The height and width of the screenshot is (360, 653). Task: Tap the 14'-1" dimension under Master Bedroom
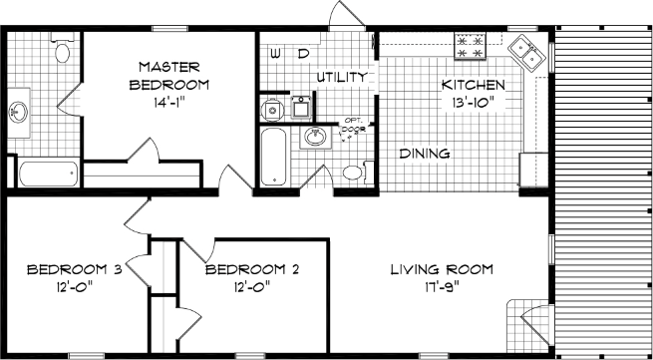(x=167, y=101)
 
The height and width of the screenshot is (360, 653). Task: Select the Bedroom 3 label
(x=74, y=269)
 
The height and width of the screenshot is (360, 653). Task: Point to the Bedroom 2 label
(x=252, y=269)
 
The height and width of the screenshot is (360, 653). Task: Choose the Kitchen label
(x=474, y=85)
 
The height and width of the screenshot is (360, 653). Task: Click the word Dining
(x=424, y=154)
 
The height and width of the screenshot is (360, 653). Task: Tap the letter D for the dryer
(x=303, y=51)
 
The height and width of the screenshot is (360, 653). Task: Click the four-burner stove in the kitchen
(x=470, y=45)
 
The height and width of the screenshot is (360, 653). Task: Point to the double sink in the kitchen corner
(x=525, y=52)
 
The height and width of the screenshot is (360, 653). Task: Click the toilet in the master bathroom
(x=63, y=49)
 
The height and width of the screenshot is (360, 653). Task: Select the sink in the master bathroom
(x=20, y=110)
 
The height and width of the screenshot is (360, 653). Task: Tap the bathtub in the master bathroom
(x=49, y=173)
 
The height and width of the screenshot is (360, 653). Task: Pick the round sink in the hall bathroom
(x=315, y=137)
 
